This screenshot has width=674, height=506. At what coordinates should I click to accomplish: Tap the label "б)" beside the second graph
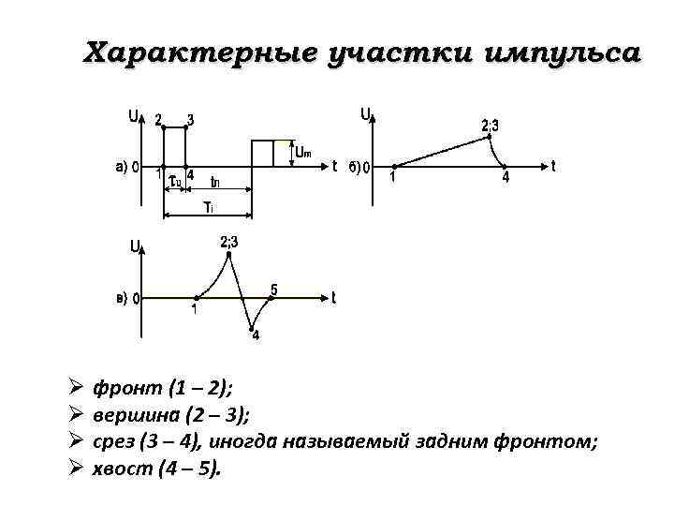click(353, 168)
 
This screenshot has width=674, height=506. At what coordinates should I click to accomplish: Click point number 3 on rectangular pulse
click(190, 119)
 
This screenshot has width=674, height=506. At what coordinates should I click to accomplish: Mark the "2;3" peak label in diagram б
click(491, 125)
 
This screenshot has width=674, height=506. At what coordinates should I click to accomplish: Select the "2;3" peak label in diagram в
click(229, 243)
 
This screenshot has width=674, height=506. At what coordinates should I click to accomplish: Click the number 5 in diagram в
click(273, 289)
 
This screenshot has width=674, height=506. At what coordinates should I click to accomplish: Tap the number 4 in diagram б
click(505, 178)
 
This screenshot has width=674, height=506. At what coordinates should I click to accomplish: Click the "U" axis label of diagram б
click(364, 114)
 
